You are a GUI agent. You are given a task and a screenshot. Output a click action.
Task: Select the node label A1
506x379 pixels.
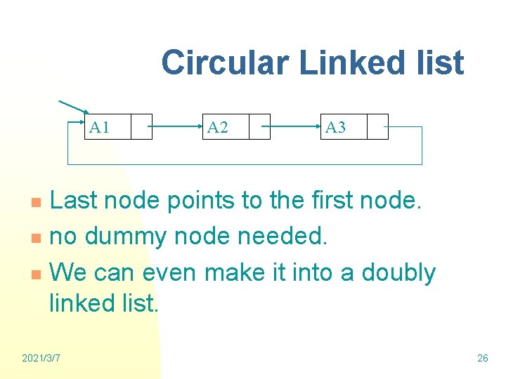coord(100,127)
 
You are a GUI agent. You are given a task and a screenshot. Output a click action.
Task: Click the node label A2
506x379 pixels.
coord(218,127)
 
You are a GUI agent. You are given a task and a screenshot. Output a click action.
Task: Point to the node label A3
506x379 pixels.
coord(336,127)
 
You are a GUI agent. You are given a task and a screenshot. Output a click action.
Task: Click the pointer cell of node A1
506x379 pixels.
coord(141,127)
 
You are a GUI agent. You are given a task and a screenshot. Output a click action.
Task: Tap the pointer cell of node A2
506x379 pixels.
coord(259,127)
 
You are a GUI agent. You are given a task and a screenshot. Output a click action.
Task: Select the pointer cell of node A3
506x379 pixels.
coord(377,127)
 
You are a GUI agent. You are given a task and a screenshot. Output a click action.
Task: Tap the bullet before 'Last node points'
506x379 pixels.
coord(40,204)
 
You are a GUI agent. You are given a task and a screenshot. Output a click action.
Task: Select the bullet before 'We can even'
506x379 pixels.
coord(40,274)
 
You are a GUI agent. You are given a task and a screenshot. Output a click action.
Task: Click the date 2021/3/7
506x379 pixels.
coord(41,359)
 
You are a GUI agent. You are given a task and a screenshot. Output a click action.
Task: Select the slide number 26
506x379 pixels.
coord(482,359)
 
